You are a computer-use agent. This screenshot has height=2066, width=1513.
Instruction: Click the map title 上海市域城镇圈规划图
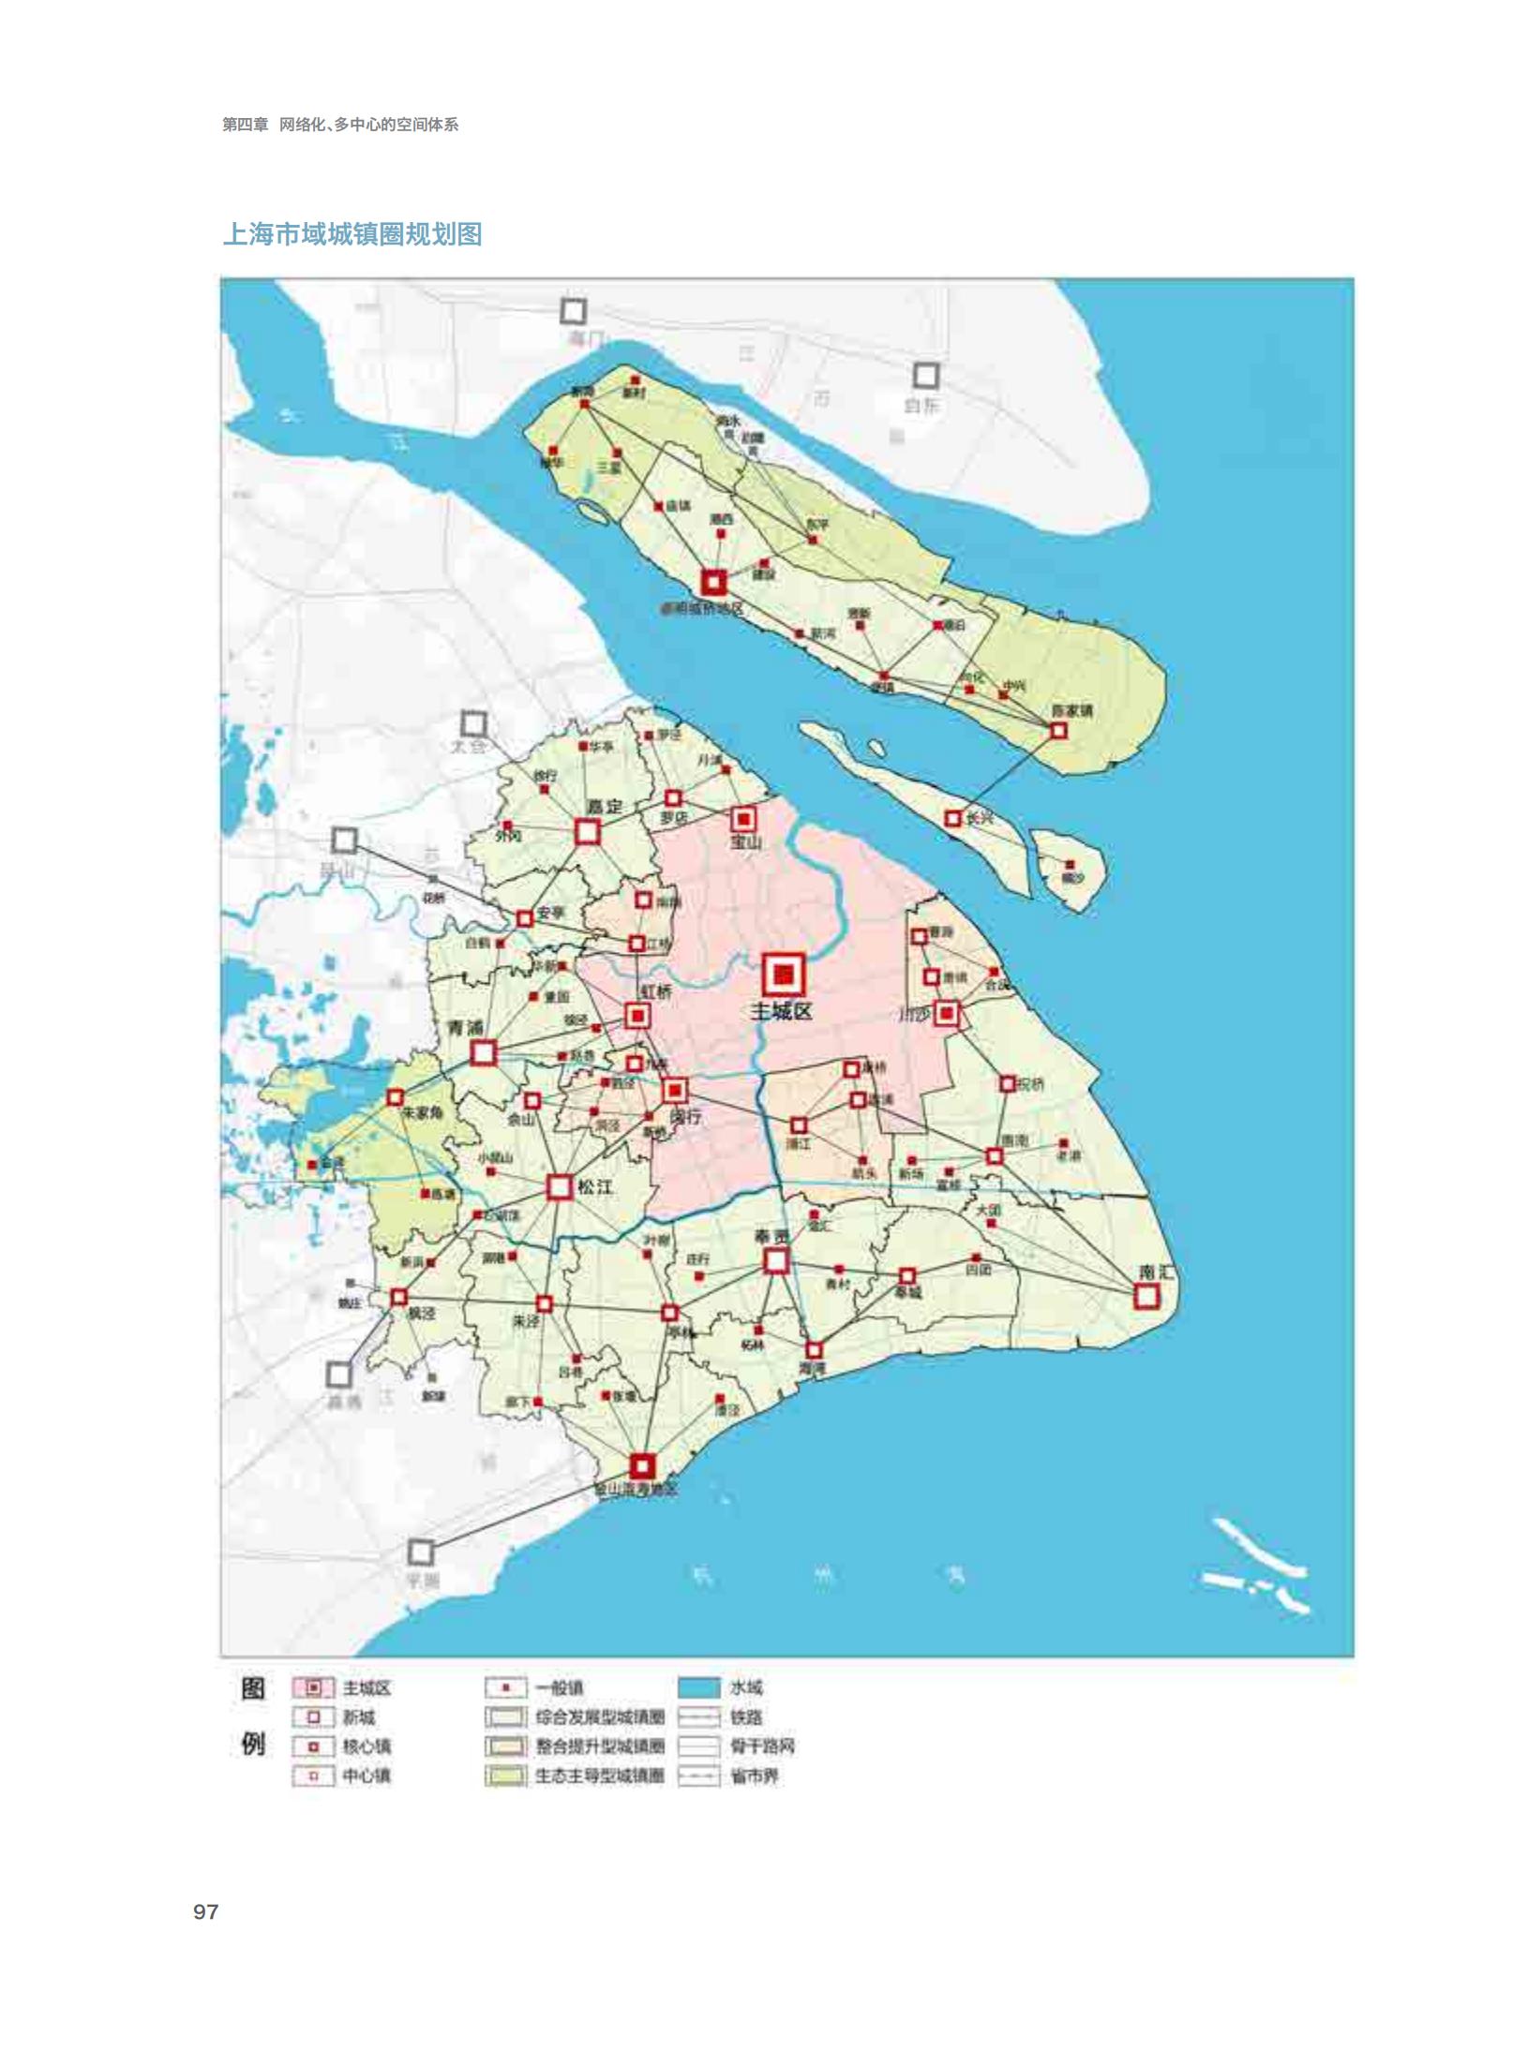352,234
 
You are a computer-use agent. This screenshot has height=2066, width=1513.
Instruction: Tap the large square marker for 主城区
783,975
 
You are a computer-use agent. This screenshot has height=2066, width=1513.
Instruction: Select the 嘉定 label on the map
605,807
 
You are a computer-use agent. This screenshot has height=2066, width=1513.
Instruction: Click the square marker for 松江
560,1188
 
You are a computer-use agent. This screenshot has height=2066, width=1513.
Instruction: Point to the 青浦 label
466,1029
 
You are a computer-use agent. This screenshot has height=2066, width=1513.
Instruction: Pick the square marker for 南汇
1146,1297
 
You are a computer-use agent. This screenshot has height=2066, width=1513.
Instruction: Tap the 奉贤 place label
772,1238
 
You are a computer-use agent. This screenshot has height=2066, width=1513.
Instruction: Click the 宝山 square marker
743,820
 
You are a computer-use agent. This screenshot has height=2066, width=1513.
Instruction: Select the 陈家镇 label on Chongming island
1071,710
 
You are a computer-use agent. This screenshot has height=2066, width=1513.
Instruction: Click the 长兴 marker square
952,819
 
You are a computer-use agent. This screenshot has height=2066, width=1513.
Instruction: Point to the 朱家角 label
422,1113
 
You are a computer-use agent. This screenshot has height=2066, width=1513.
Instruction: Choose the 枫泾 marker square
399,1298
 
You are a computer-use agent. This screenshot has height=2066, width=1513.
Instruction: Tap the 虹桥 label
656,992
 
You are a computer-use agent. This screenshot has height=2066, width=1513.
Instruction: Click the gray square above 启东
925,376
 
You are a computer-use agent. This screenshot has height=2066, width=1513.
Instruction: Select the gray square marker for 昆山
344,840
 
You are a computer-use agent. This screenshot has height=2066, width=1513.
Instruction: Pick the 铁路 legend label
746,1717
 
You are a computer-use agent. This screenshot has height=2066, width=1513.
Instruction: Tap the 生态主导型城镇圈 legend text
599,1776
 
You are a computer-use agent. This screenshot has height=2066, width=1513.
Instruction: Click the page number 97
206,1912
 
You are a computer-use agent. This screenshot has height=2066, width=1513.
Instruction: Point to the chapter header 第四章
245,125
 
